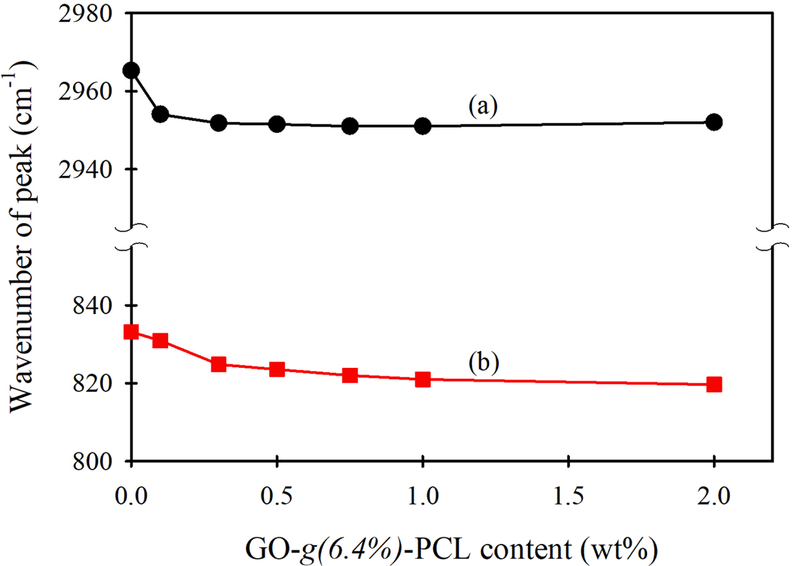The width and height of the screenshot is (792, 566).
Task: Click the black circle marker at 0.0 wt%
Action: click(131, 71)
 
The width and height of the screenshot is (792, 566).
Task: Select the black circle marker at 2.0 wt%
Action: click(714, 122)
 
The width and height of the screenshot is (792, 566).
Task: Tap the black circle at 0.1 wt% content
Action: click(161, 114)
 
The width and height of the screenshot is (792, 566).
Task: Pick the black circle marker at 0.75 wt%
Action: click(350, 126)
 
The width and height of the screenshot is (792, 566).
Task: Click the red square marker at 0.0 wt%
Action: click(131, 332)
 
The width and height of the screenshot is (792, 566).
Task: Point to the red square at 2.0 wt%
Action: click(714, 384)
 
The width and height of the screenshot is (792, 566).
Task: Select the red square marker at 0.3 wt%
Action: click(218, 364)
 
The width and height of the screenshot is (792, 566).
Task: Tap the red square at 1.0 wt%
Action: click(423, 380)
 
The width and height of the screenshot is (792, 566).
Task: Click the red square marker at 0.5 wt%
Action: click(277, 369)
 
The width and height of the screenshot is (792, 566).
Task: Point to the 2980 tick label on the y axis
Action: click(95, 13)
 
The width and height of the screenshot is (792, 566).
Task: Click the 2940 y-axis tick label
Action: click(95, 170)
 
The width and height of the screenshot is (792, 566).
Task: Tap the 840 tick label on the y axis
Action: click(101, 306)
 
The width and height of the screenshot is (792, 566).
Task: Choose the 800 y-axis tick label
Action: click(101, 462)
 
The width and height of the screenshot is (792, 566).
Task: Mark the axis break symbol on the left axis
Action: click(131, 238)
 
